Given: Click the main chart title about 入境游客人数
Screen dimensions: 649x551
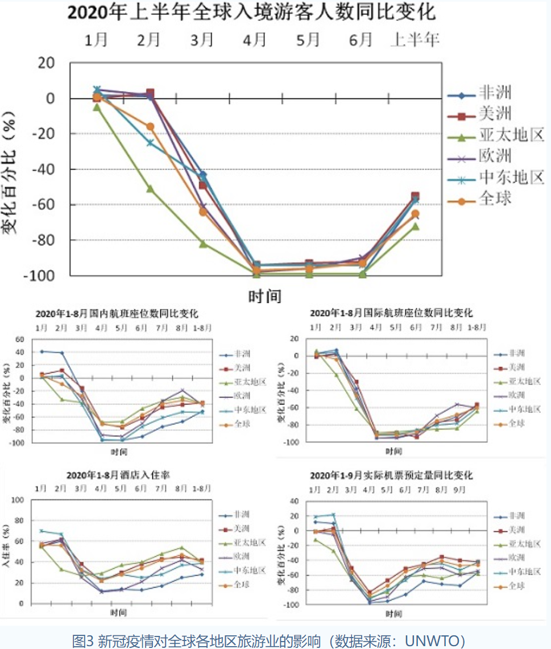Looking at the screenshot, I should [252, 12].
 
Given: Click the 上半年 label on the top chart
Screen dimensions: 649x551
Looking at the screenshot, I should [415, 40].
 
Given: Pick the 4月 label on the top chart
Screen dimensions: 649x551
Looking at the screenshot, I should [255, 40].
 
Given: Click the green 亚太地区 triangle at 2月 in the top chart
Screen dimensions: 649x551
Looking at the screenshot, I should [150, 188].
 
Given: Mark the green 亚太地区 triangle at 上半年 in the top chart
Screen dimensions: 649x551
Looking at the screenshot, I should [415, 226].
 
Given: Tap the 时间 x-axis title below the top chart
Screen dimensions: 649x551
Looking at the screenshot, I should [264, 296].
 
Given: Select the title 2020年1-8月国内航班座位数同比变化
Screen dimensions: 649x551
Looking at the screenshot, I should [117, 313].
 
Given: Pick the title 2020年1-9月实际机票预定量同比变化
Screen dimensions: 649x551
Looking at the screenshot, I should [391, 475].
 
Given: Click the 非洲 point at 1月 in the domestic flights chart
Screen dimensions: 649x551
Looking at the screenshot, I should [42, 352].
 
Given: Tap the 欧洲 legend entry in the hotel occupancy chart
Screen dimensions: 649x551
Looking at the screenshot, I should [242, 556].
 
